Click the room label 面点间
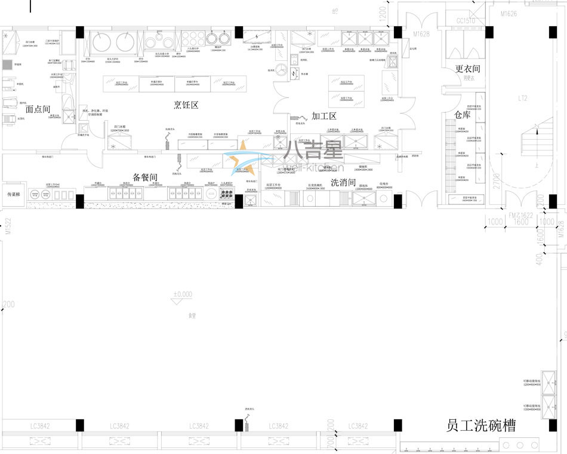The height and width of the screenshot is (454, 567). pos(38,109)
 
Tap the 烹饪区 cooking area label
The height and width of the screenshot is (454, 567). pos(186,105)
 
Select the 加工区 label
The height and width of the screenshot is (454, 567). pos(325,116)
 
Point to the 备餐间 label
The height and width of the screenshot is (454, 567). pos(144,177)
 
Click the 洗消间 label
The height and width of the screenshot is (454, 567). pos(343,182)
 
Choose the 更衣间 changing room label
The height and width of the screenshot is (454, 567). pos(467,69)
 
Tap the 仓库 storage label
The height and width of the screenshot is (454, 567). pos(463,114)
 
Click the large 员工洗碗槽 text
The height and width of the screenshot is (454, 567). pos(481,425)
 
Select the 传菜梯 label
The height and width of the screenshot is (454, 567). pos(14,194)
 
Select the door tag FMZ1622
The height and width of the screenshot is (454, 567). pos(520,214)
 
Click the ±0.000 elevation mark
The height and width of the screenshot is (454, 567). pos(183,294)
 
